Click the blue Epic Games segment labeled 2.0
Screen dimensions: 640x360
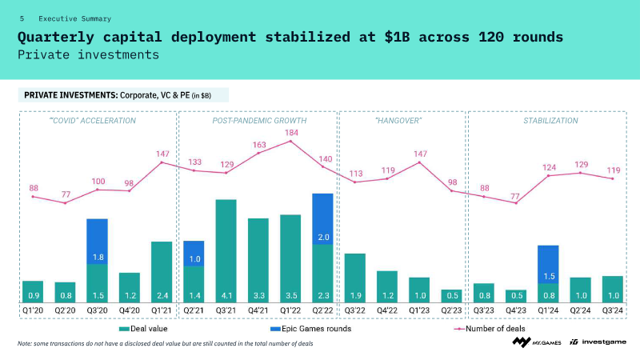[322, 218]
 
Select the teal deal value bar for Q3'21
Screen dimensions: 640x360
[226, 251]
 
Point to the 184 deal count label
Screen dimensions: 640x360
[291, 133]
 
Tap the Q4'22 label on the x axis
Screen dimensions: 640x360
[387, 310]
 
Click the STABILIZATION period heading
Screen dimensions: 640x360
[550, 121]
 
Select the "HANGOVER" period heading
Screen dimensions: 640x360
[398, 121]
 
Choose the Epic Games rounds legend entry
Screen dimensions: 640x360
[310, 329]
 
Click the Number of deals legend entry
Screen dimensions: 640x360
[490, 329]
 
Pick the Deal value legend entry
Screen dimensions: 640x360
[143, 329]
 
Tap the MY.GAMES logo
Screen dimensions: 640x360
[537, 342]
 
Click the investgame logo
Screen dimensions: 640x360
[598, 342]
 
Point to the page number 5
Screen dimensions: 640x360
[22, 18]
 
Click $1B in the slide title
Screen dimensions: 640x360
[397, 37]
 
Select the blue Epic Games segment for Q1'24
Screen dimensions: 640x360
[548, 265]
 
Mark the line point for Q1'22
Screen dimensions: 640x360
[290, 142]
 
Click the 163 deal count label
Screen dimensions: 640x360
[259, 145]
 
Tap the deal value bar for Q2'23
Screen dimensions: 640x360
[451, 296]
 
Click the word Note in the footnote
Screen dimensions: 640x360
[24, 344]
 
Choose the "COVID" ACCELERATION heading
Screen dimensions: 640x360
[93, 121]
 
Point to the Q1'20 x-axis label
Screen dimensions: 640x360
[33, 310]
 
